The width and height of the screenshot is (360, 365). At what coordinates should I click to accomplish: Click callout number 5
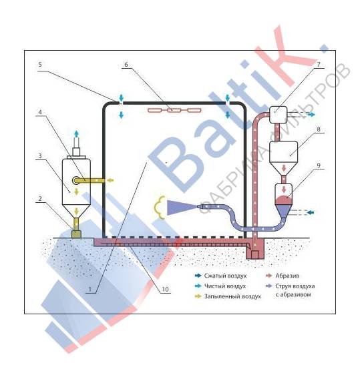click(x=40, y=65)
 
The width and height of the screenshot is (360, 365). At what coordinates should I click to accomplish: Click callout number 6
click(x=126, y=65)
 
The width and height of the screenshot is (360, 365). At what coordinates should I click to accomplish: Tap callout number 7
click(x=319, y=65)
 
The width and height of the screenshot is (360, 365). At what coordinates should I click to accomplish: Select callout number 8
click(x=319, y=129)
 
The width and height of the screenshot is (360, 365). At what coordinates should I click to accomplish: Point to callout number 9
click(x=319, y=165)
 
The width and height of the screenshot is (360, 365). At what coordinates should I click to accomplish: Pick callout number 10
click(x=165, y=290)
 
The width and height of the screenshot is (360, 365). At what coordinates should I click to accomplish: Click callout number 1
click(x=89, y=290)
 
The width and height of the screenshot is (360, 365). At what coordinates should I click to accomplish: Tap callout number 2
click(x=40, y=199)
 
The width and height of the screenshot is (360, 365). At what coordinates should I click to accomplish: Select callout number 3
click(x=40, y=155)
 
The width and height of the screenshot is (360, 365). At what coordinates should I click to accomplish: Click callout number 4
click(x=40, y=112)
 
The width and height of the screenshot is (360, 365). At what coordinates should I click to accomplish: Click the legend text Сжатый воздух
click(x=225, y=276)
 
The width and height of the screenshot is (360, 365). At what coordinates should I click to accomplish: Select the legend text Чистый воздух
click(x=225, y=286)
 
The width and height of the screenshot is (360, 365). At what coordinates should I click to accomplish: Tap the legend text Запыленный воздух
click(x=232, y=296)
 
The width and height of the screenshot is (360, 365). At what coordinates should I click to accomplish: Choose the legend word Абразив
click(x=287, y=276)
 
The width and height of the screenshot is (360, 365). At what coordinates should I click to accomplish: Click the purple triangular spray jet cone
click(x=180, y=207)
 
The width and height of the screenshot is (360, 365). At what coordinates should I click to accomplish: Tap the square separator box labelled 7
click(x=279, y=115)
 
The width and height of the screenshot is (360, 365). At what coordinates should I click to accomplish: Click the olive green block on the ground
click(x=76, y=234)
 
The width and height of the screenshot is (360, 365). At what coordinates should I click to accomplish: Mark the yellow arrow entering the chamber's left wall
click(x=110, y=180)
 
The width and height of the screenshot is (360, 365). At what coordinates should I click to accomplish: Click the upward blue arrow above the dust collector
click(x=76, y=135)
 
